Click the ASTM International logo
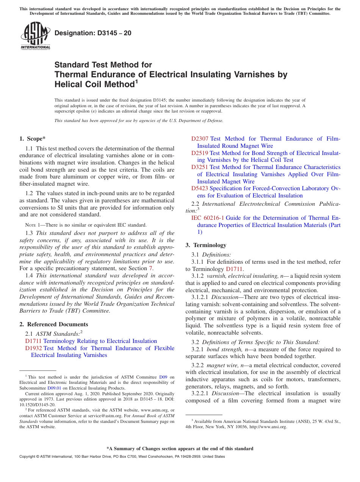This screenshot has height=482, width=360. (x=35, y=36)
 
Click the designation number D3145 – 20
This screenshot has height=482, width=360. (x=93, y=33)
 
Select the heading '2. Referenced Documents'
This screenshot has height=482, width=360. (x=54, y=324)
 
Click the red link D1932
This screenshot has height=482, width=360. (x=33, y=348)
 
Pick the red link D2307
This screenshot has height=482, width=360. (x=200, y=139)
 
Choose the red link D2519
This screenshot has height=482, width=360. (x=200, y=153)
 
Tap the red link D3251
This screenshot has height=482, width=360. (x=200, y=167)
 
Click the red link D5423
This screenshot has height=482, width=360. (x=200, y=188)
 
